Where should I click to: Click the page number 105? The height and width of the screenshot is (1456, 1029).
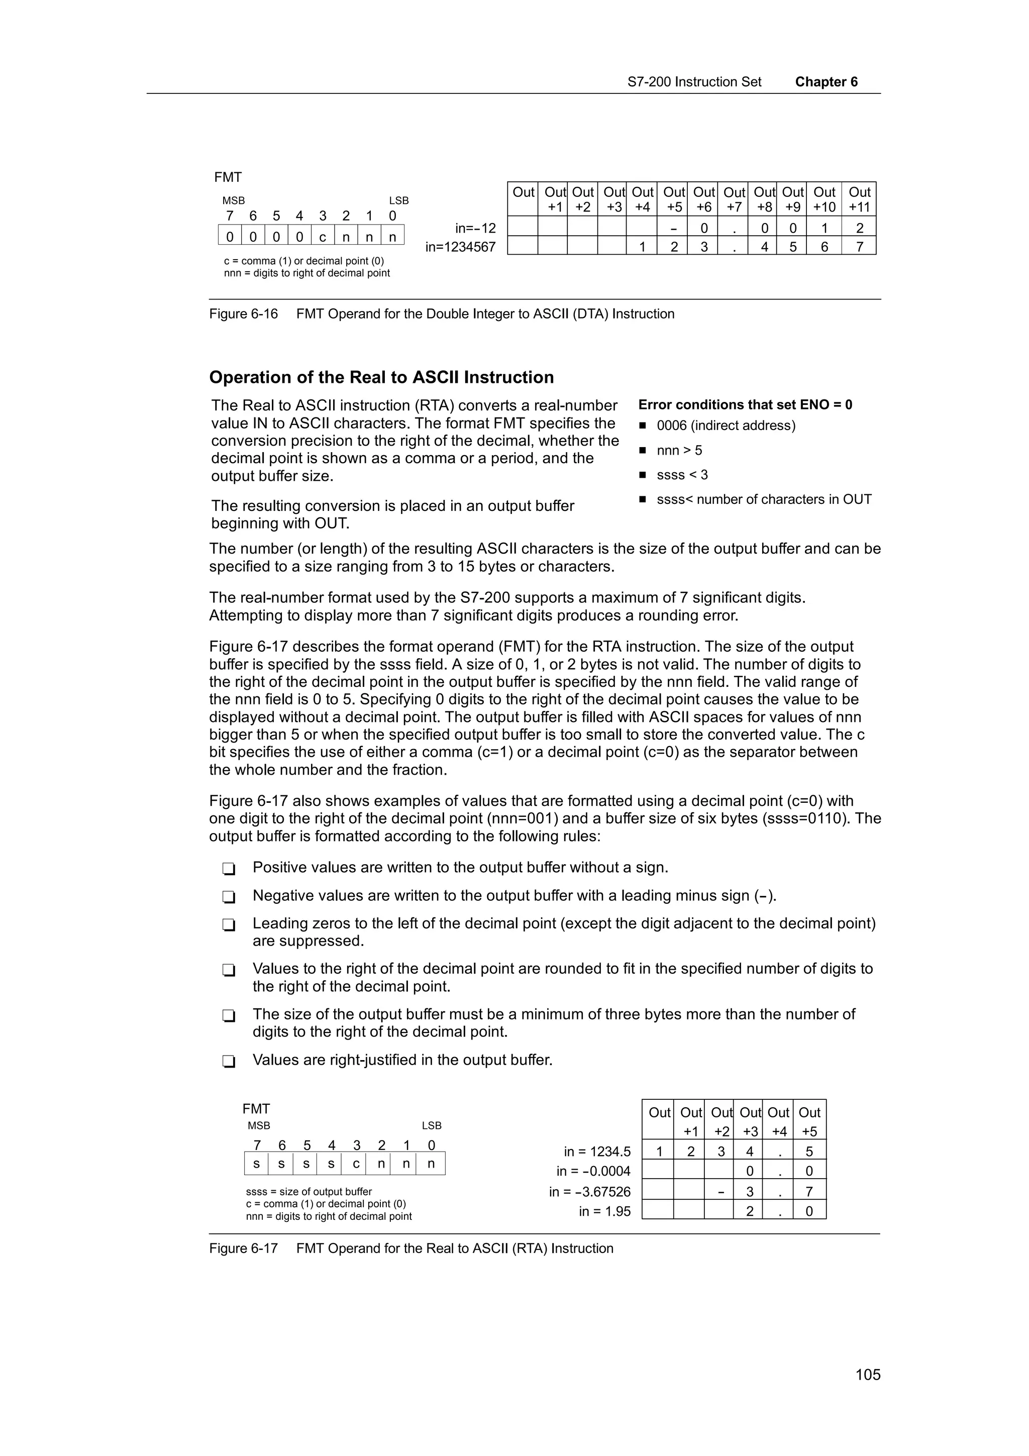click(867, 1374)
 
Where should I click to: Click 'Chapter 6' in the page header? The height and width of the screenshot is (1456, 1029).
click(826, 82)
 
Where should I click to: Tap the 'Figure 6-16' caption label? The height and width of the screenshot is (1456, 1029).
click(244, 314)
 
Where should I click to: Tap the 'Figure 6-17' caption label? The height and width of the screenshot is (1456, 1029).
click(244, 1248)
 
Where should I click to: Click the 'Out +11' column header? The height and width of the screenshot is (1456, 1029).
click(859, 199)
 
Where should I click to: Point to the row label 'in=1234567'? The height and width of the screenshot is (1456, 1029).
click(460, 247)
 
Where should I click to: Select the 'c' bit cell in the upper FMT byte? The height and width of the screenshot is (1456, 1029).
click(323, 237)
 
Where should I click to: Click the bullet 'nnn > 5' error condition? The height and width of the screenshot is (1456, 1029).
click(679, 450)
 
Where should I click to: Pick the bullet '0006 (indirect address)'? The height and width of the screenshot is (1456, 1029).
click(726, 426)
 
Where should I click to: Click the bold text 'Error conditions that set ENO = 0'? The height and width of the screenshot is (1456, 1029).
click(745, 404)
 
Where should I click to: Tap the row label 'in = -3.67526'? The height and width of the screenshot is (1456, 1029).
click(590, 1192)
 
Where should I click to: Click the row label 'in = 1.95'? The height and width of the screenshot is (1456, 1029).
click(604, 1211)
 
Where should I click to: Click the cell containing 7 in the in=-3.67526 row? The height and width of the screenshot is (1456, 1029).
click(809, 1192)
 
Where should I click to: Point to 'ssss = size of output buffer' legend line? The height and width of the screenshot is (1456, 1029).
click(309, 1192)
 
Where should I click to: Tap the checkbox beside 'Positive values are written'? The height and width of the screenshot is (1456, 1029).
click(229, 868)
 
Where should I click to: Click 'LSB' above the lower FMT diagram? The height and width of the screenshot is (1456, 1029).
click(431, 1125)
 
